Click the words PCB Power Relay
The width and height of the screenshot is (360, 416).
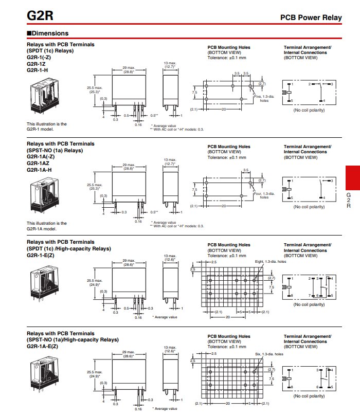pos(311,17)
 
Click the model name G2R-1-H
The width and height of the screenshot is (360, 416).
pos(37,70)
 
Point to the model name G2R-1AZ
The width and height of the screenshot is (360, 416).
pos(38,162)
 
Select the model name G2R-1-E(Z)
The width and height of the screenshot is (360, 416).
pos(41,255)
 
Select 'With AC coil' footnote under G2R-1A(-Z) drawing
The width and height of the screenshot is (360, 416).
pos(177,226)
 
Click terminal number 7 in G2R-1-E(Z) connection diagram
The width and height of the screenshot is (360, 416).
pos(309,296)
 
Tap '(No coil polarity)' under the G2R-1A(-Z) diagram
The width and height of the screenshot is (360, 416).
pos(309,207)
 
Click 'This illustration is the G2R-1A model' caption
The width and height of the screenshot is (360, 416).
pos(47,226)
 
